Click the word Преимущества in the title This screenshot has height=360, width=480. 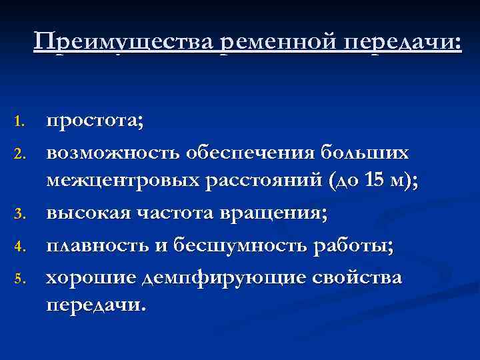[124, 41]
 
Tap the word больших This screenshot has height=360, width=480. [367, 153]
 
